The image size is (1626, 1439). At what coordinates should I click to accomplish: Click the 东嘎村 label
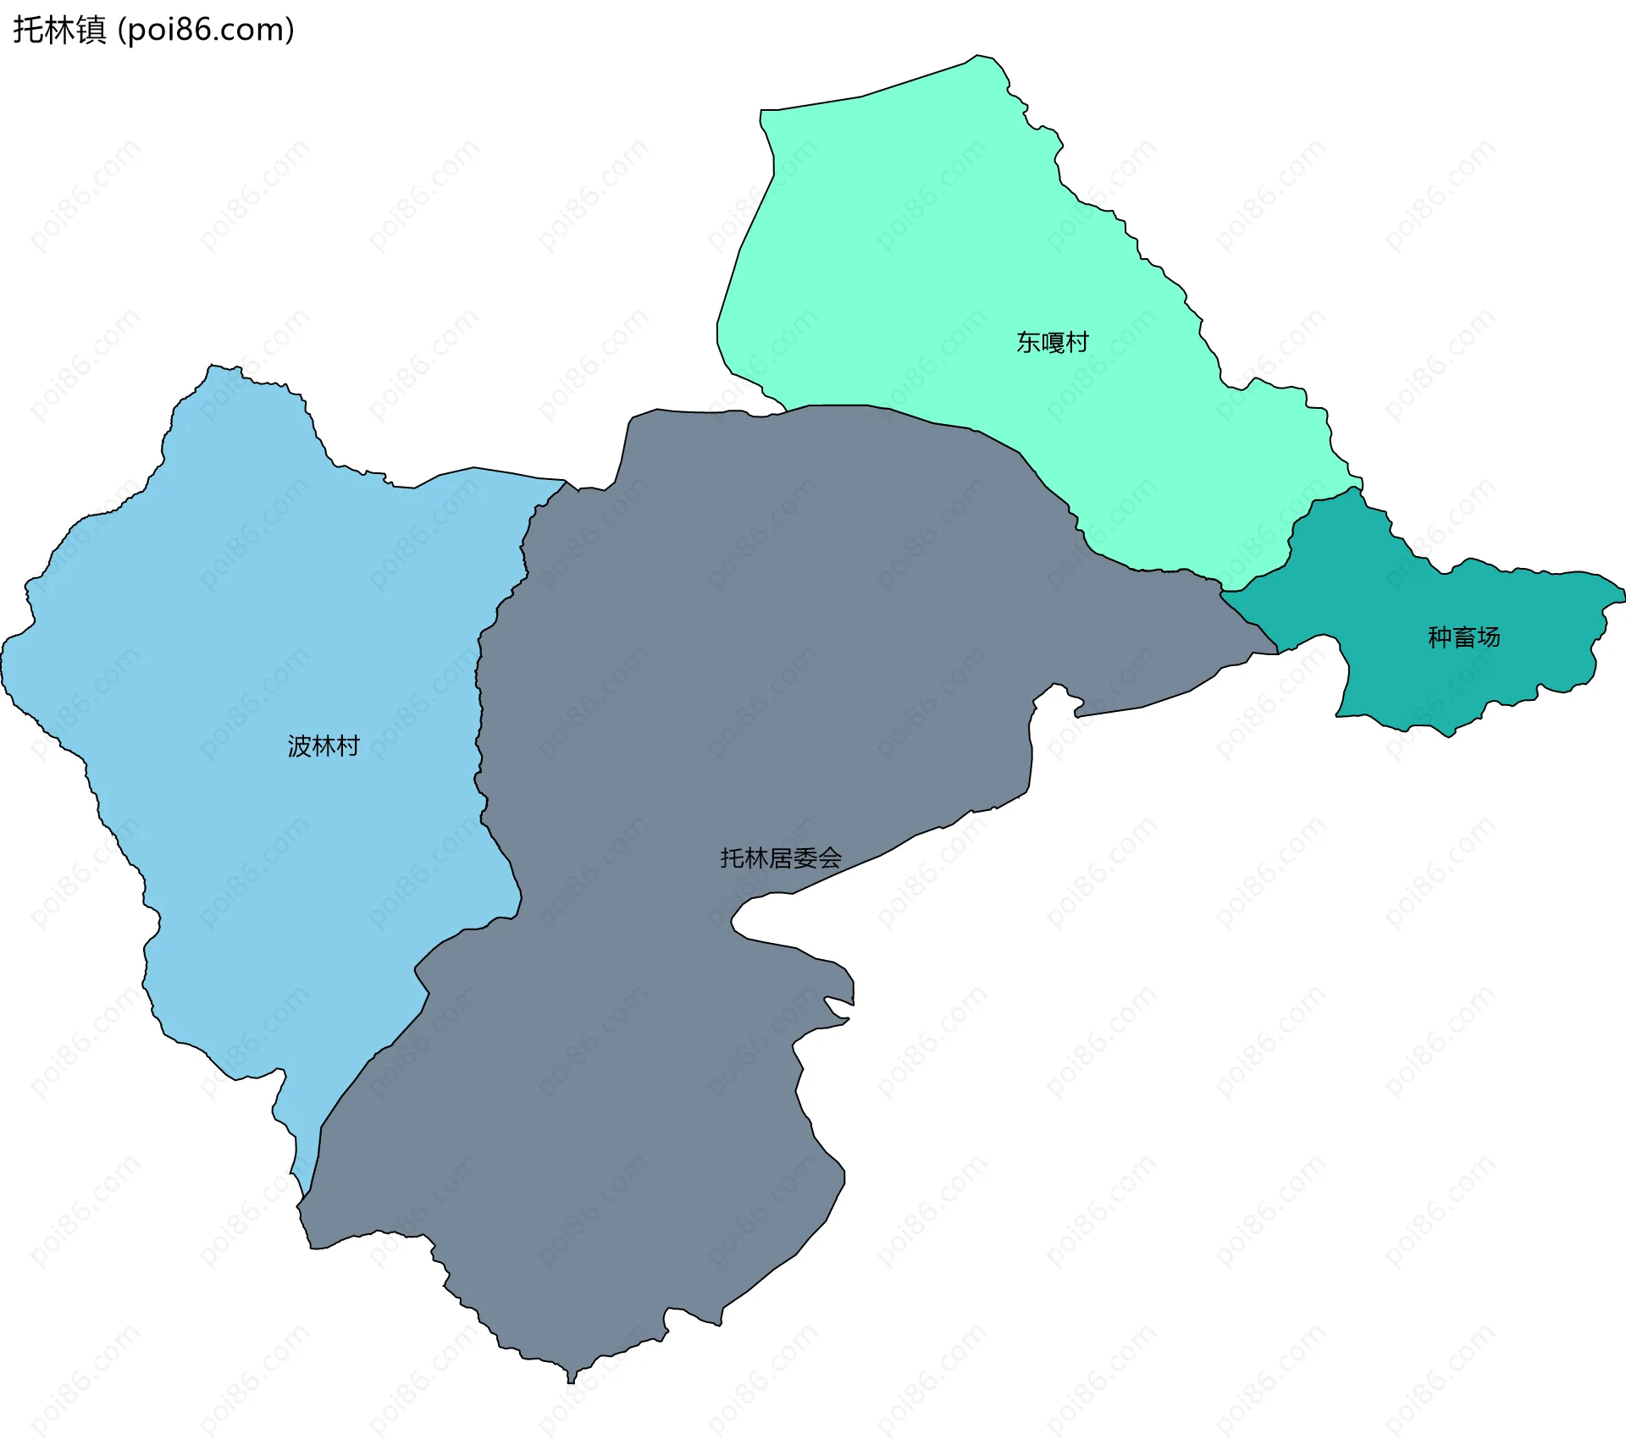[1052, 342]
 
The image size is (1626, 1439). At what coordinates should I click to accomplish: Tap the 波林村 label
[324, 746]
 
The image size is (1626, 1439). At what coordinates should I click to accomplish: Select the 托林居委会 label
[781, 858]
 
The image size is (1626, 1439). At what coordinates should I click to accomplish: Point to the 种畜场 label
[1463, 637]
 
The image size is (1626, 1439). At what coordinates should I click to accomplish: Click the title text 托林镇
[59, 30]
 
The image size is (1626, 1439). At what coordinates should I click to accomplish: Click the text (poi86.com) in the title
[207, 30]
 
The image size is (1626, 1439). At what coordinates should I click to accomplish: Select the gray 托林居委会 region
[677, 677]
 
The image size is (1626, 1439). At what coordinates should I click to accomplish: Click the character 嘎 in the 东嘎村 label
[1052, 342]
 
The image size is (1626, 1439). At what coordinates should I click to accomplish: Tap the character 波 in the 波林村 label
[300, 746]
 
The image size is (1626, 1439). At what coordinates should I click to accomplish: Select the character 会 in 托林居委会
[830, 858]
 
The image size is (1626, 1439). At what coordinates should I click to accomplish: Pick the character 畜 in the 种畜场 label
[1463, 637]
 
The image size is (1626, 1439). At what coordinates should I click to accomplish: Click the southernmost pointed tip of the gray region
[571, 1381]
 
